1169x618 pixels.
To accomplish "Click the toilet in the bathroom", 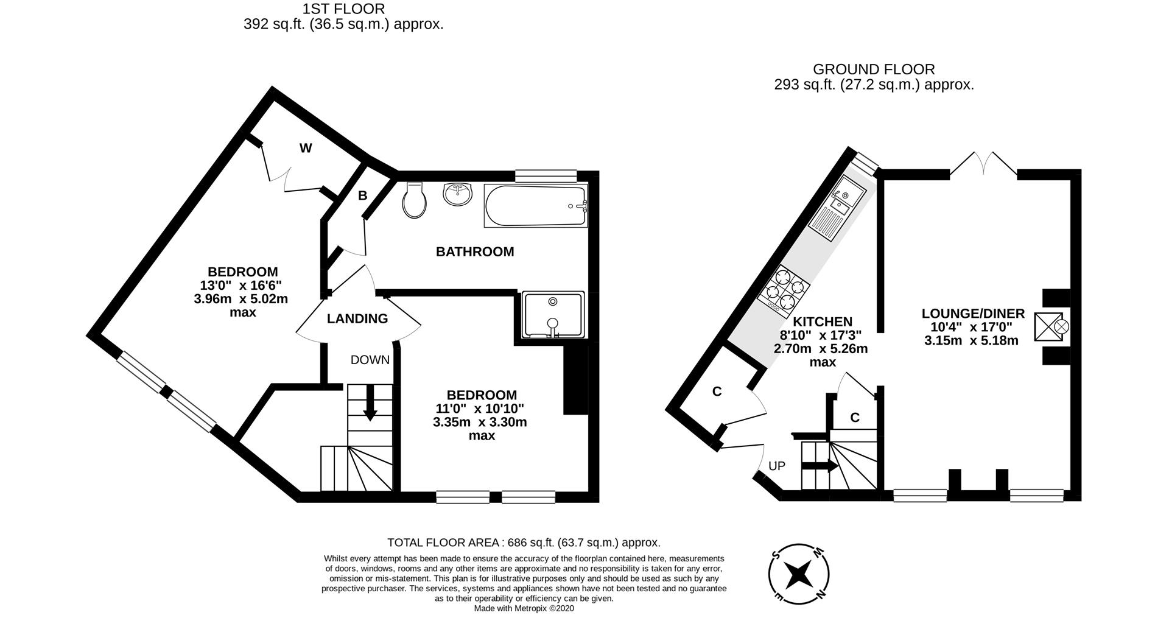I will pos(415,201).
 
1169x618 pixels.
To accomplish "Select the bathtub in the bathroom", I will pos(536,206).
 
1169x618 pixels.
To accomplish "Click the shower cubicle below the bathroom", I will pos(553,315).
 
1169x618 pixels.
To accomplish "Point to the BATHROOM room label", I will pos(475,251).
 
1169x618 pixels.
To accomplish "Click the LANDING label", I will pos(357,318).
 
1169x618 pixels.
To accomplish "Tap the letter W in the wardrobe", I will pos(306,148).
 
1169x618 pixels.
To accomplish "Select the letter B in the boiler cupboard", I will pos(362,195).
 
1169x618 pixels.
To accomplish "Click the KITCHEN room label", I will pos(822,321).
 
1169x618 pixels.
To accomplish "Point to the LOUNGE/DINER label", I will pos(973,314).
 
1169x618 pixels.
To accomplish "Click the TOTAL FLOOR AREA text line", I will pos(524,543).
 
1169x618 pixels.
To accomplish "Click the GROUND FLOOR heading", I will pos(874,69).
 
